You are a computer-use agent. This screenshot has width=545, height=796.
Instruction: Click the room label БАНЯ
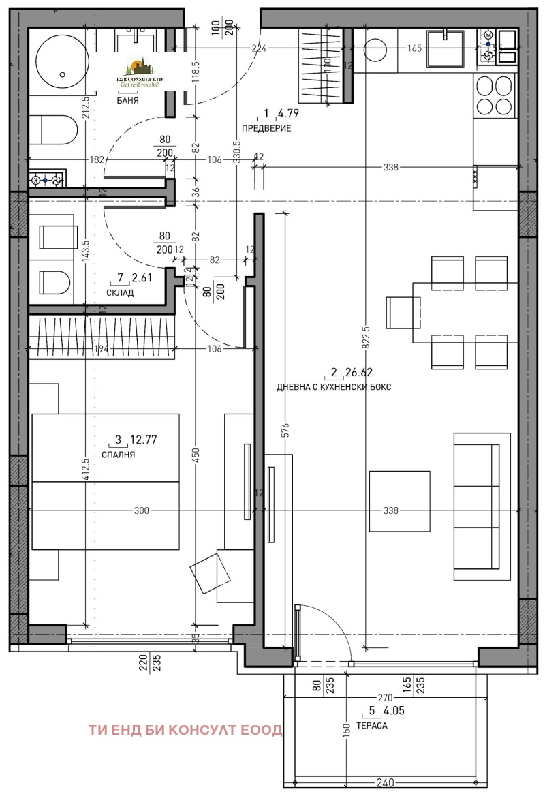[128, 100]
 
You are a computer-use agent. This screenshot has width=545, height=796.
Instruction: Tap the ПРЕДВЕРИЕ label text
[266, 128]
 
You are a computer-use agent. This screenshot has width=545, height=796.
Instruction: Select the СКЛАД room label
[120, 293]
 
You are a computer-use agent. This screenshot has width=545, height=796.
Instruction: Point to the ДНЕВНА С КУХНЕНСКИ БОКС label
[334, 387]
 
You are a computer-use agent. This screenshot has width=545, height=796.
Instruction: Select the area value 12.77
[144, 440]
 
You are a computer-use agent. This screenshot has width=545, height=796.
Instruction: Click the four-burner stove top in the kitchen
[493, 95]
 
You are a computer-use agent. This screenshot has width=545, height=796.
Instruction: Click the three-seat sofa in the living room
[482, 505]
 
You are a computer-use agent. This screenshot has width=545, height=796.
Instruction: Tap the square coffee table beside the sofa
[399, 501]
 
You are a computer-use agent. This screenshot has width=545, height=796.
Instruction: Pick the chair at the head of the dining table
[400, 313]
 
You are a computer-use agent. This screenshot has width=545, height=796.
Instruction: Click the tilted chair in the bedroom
[211, 572]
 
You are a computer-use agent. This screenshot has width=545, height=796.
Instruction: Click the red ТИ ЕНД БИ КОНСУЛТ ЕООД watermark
[185, 730]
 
